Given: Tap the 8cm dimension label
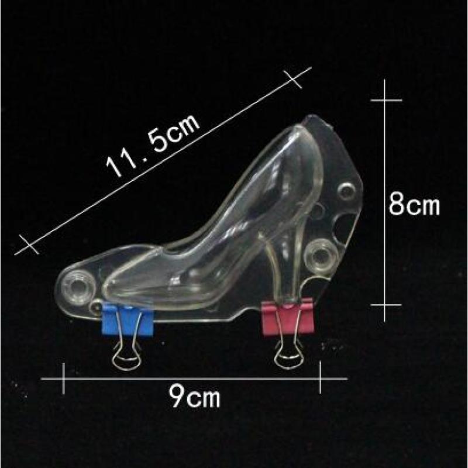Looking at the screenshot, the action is (414, 205).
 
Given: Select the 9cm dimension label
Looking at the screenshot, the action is (194, 397).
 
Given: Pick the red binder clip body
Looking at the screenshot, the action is (288, 318).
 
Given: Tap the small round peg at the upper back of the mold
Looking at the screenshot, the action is (346, 191).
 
